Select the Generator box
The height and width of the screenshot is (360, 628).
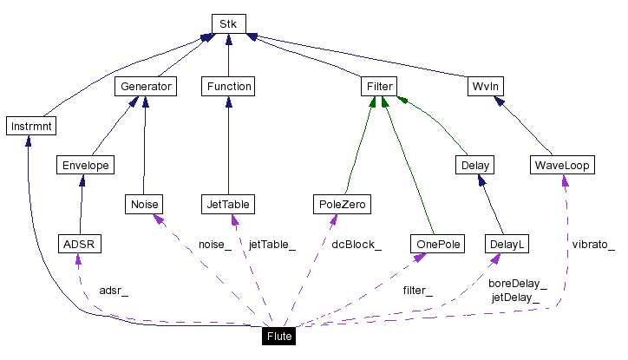145,86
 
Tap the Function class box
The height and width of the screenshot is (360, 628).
227,86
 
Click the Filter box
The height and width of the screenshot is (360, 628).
378,86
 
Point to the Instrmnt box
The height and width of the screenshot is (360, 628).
30,127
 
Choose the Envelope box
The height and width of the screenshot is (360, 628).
84,164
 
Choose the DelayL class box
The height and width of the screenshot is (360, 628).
507,245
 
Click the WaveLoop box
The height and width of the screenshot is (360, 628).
562,164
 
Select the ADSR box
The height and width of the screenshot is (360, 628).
78,245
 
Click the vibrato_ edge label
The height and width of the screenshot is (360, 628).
593,245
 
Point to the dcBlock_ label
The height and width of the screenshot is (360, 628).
357,245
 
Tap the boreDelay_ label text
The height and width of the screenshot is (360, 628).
518,283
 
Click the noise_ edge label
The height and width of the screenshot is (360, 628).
214,245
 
